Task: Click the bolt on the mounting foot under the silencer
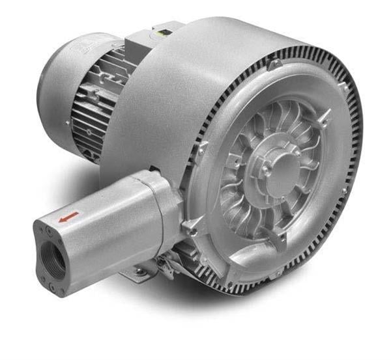[139, 269]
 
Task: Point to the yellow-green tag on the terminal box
[159, 30]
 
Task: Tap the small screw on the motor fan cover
[68, 122]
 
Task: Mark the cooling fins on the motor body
[98, 104]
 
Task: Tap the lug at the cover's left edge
[203, 149]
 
